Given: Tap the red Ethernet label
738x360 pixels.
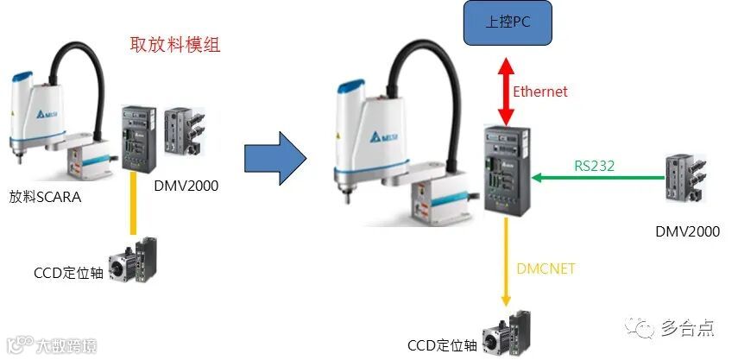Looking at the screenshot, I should click(x=541, y=92).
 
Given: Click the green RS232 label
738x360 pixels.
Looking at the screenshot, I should click(x=594, y=166).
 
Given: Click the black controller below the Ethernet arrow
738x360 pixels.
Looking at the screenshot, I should click(x=505, y=169).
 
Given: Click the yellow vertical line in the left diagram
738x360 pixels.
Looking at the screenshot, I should click(x=132, y=203).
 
